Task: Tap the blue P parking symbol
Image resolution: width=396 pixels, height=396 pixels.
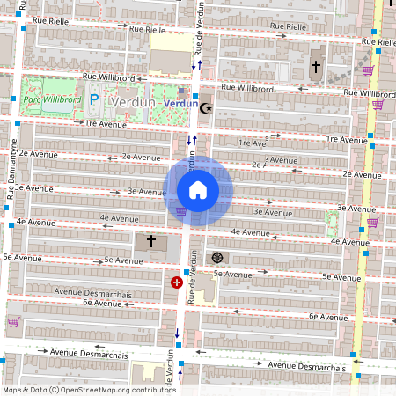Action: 92,100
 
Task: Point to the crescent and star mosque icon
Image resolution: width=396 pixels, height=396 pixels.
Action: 207,108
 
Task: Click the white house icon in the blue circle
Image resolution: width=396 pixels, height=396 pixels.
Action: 198,190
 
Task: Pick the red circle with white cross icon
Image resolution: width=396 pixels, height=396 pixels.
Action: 177,282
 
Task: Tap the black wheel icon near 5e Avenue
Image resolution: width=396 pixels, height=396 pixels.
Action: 217,258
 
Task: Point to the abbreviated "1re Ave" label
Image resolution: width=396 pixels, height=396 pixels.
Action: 252,143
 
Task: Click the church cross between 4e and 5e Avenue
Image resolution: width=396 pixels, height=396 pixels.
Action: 150,239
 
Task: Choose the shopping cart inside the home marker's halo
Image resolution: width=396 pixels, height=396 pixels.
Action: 181,211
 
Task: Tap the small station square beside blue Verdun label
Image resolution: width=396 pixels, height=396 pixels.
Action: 181,91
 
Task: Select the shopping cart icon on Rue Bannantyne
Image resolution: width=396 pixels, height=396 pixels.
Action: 12,322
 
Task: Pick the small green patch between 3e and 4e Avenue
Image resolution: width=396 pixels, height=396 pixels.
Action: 332,224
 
